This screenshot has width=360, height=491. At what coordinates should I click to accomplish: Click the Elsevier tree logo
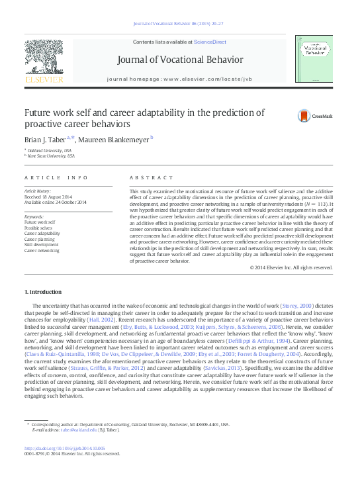(44, 58)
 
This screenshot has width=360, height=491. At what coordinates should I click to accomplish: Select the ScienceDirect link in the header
(210, 42)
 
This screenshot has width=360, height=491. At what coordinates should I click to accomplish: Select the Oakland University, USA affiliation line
(50, 151)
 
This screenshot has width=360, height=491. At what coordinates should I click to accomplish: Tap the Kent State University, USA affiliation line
(52, 156)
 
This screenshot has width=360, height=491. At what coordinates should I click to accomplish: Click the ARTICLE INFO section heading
(56, 178)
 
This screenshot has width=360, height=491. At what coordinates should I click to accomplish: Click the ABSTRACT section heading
(146, 178)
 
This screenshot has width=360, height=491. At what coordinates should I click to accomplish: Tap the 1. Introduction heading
(44, 292)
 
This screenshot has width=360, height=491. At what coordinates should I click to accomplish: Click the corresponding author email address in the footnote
(75, 429)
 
